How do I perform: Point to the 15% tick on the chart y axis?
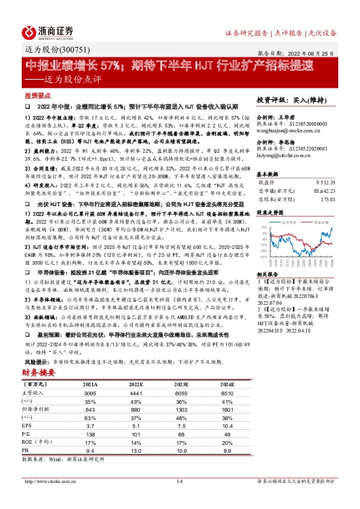263,227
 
